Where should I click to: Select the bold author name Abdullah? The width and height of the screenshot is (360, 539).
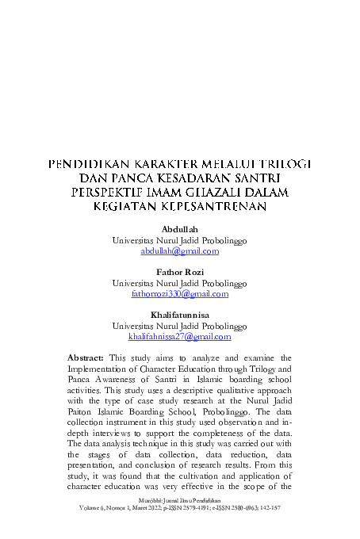pyautogui.click(x=179, y=229)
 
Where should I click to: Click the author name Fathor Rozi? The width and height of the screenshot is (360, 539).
pyautogui.click(x=179, y=272)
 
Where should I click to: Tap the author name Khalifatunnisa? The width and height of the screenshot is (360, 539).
pyautogui.click(x=179, y=315)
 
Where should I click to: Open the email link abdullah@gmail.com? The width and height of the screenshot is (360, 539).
pyautogui.click(x=179, y=250)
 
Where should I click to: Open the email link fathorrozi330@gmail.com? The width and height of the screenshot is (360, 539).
pyautogui.click(x=179, y=293)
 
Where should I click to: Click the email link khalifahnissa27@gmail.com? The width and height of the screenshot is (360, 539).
pyautogui.click(x=179, y=337)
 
